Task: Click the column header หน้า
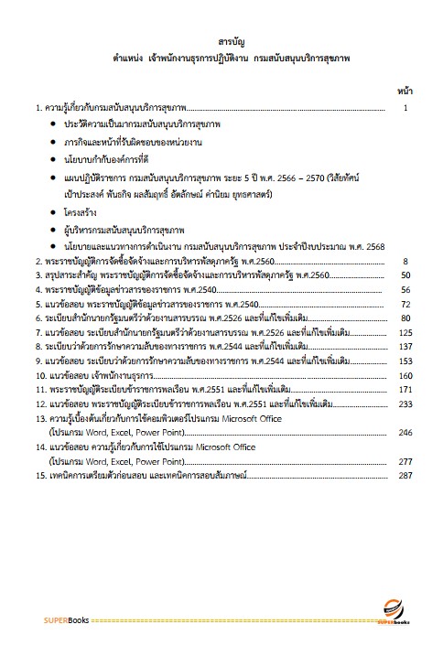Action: click(405, 92)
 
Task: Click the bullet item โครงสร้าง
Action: click(89, 210)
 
